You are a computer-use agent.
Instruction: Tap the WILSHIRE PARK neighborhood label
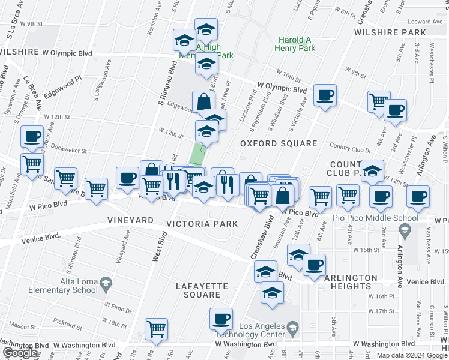(393, 32)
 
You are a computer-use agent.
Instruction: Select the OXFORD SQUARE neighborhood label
(278, 144)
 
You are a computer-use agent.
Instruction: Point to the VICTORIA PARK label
(202, 224)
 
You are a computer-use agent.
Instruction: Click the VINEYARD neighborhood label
(130, 221)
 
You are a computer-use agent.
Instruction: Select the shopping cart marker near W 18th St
(156, 328)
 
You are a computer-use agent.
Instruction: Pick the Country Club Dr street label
(351, 149)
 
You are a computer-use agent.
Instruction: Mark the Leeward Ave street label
(429, 22)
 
